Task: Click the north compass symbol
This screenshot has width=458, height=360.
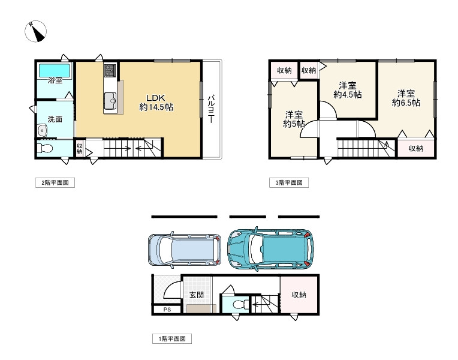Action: pos(35,31)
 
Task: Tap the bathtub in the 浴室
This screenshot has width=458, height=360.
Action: pos(55,71)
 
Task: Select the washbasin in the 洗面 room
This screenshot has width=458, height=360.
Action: pos(43,130)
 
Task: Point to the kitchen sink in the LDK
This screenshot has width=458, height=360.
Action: pos(110,99)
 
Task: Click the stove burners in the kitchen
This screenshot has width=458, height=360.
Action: pos(110,70)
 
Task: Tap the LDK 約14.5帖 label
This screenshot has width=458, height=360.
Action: pos(156,103)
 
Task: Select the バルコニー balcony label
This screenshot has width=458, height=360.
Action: pos(211,109)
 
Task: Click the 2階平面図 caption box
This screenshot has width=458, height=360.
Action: pos(55,183)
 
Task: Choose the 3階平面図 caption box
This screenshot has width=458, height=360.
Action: pos(289,183)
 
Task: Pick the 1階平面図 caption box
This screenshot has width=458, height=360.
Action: pos(172,338)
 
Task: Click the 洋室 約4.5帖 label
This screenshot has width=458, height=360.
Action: pos(348,90)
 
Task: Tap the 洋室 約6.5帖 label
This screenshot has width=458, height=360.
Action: pos(406,98)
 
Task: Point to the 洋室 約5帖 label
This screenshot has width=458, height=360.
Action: pos(294,119)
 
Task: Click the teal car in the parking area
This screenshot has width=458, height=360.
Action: pos(270,249)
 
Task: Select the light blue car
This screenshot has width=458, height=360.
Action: pos(184,250)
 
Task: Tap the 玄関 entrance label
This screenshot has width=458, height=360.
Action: pos(197,295)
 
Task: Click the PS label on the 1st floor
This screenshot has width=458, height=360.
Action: pos(167,310)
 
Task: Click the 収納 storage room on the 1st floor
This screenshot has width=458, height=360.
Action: pos(299,295)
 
